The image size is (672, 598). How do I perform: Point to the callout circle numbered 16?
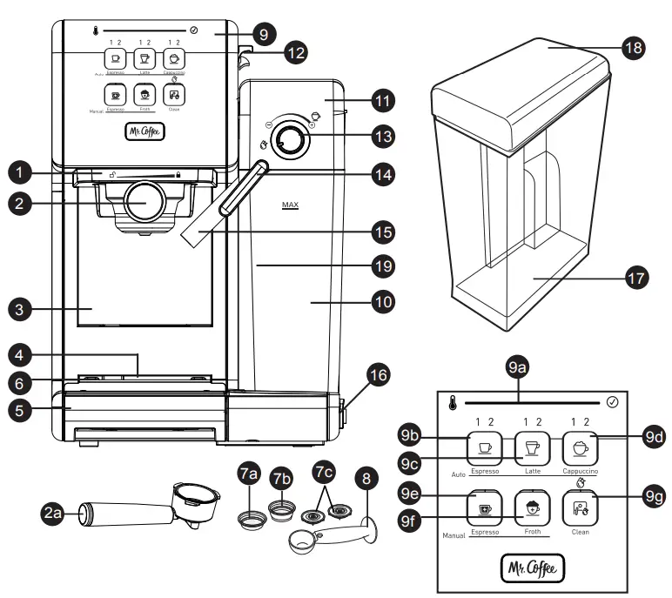377,376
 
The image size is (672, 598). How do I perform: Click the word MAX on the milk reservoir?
289,206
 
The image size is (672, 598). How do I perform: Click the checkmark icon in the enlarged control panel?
612,403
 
